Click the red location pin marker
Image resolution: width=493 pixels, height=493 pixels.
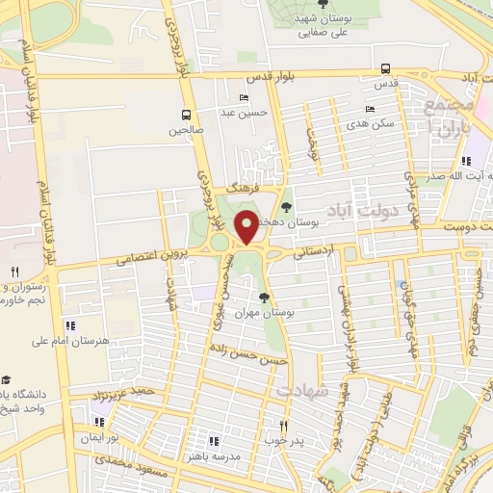pyautogui.click(x=246, y=227)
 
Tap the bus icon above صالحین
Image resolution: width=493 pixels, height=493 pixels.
pyautogui.click(x=184, y=113)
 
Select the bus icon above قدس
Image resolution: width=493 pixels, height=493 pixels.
pyautogui.click(x=385, y=68)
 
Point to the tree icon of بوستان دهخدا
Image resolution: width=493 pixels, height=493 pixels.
pyautogui.click(x=285, y=206)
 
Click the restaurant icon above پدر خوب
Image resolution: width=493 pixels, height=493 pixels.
pyautogui.click(x=283, y=425)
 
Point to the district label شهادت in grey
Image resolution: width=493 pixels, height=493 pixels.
pyautogui.click(x=302, y=390)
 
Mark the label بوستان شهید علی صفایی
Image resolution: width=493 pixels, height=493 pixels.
pyautogui.click(x=322, y=27)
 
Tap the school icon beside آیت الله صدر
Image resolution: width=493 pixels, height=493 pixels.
pyautogui.click(x=466, y=161)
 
